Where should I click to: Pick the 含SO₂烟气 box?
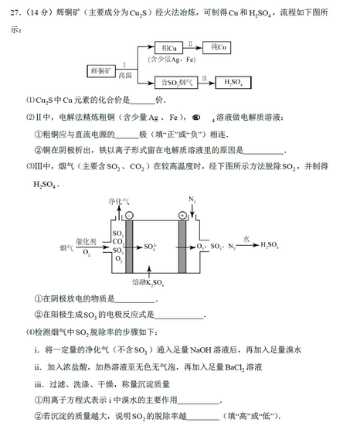click(x=173, y=80)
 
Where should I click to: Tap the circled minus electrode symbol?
click(x=129, y=216)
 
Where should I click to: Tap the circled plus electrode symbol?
click(x=182, y=215)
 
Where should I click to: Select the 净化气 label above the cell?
click(x=119, y=202)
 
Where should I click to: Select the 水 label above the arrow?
click(x=246, y=239)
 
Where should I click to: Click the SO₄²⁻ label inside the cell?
click(x=152, y=247)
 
